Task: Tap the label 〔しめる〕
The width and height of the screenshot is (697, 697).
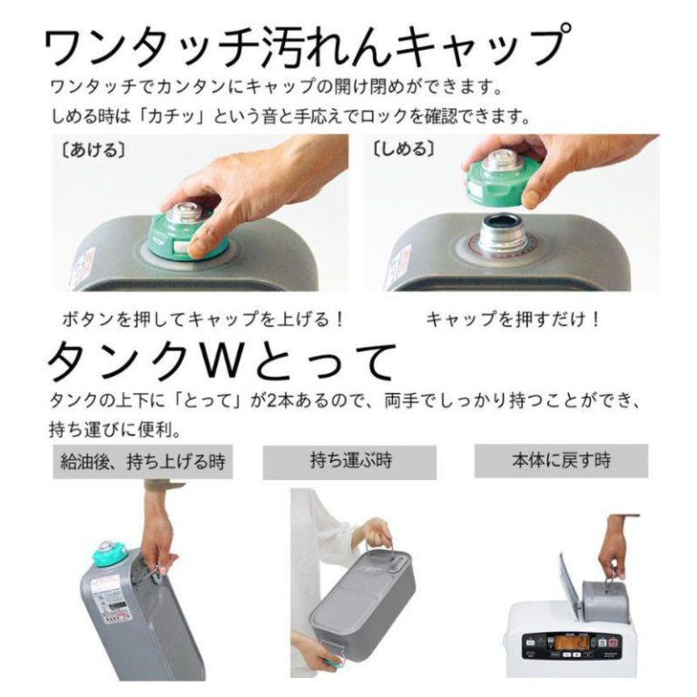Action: (x=404, y=149)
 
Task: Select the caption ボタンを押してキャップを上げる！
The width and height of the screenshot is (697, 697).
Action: (x=203, y=319)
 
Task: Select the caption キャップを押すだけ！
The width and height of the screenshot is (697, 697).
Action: (x=514, y=319)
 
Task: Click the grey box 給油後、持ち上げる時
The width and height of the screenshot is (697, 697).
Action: (x=142, y=461)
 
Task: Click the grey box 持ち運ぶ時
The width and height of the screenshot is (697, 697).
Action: (x=349, y=461)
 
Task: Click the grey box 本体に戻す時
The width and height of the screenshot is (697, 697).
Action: (x=561, y=460)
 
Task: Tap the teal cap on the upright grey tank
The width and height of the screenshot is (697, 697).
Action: (x=109, y=554)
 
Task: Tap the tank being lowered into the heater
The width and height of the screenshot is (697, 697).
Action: (x=604, y=600)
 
